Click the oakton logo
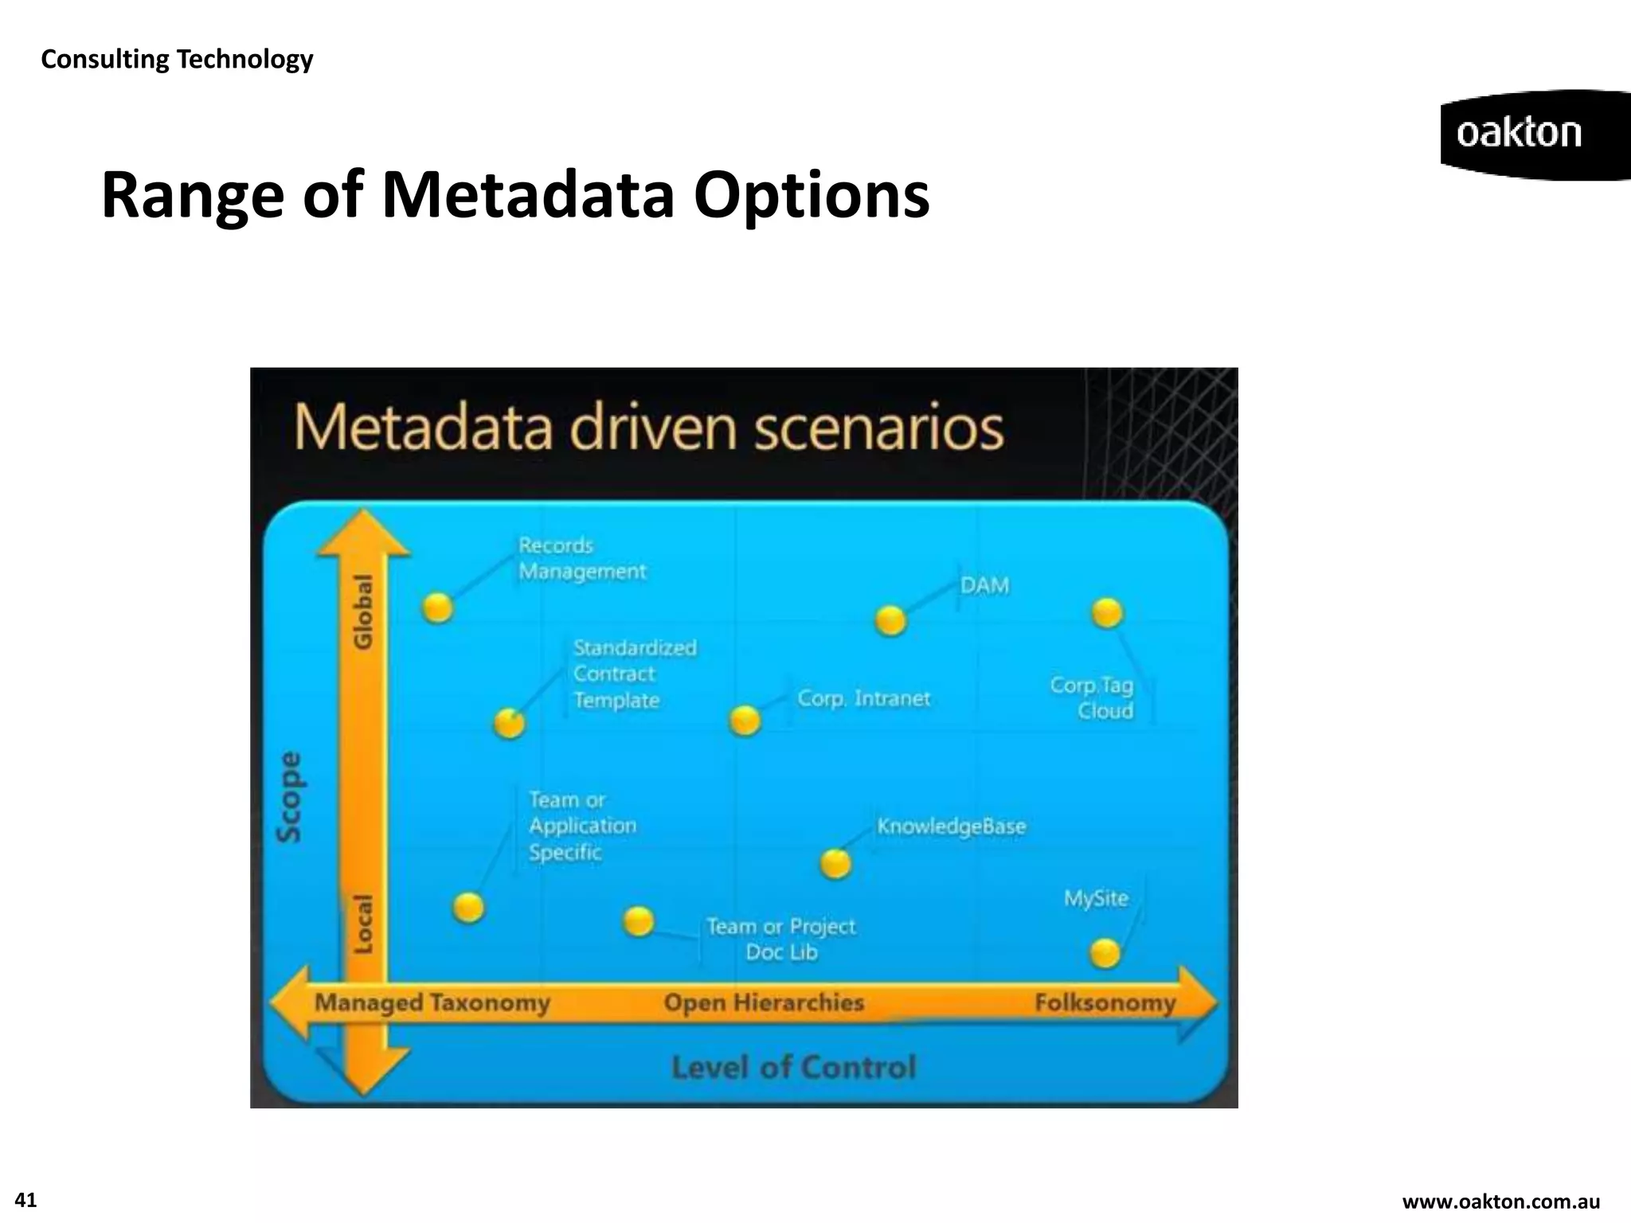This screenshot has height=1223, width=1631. pos(1520,134)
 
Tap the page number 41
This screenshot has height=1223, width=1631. pos(25,1200)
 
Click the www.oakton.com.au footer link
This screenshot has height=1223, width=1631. pos(1500,1202)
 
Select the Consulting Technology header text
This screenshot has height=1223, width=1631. pos(177,59)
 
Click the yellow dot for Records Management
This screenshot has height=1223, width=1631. pos(437,608)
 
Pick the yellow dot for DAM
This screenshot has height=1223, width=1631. pos(890,620)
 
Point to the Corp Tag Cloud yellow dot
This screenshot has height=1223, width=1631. pos(1107,613)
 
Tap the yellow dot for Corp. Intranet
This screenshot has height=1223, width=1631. pos(745,721)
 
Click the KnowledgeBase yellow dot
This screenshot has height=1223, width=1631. pos(835,863)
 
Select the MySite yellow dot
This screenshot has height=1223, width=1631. pos(1105,953)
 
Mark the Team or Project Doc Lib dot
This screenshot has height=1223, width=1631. pos(638,922)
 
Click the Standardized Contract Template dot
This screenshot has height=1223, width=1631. pos(510,724)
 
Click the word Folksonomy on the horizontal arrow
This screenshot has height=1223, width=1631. pos(1105,1002)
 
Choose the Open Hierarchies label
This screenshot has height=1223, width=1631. pos(764,1002)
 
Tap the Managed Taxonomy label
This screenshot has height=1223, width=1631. pos(432,1002)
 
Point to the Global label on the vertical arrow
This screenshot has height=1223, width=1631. pos(363,611)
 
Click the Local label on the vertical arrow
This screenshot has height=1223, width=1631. pos(363,924)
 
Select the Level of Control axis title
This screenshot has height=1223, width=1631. pos(793,1067)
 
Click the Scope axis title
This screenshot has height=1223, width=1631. pos(289,797)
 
